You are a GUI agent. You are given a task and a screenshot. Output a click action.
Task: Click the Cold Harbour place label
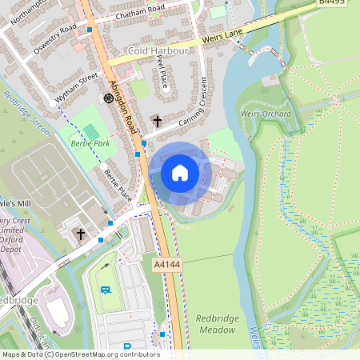pos(158,50)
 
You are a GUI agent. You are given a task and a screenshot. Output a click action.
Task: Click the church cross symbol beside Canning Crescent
pos(157,122)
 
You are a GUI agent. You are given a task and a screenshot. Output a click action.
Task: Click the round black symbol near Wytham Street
pos(108,98)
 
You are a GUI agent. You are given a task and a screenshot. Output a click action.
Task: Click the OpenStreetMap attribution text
pos(80,354)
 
